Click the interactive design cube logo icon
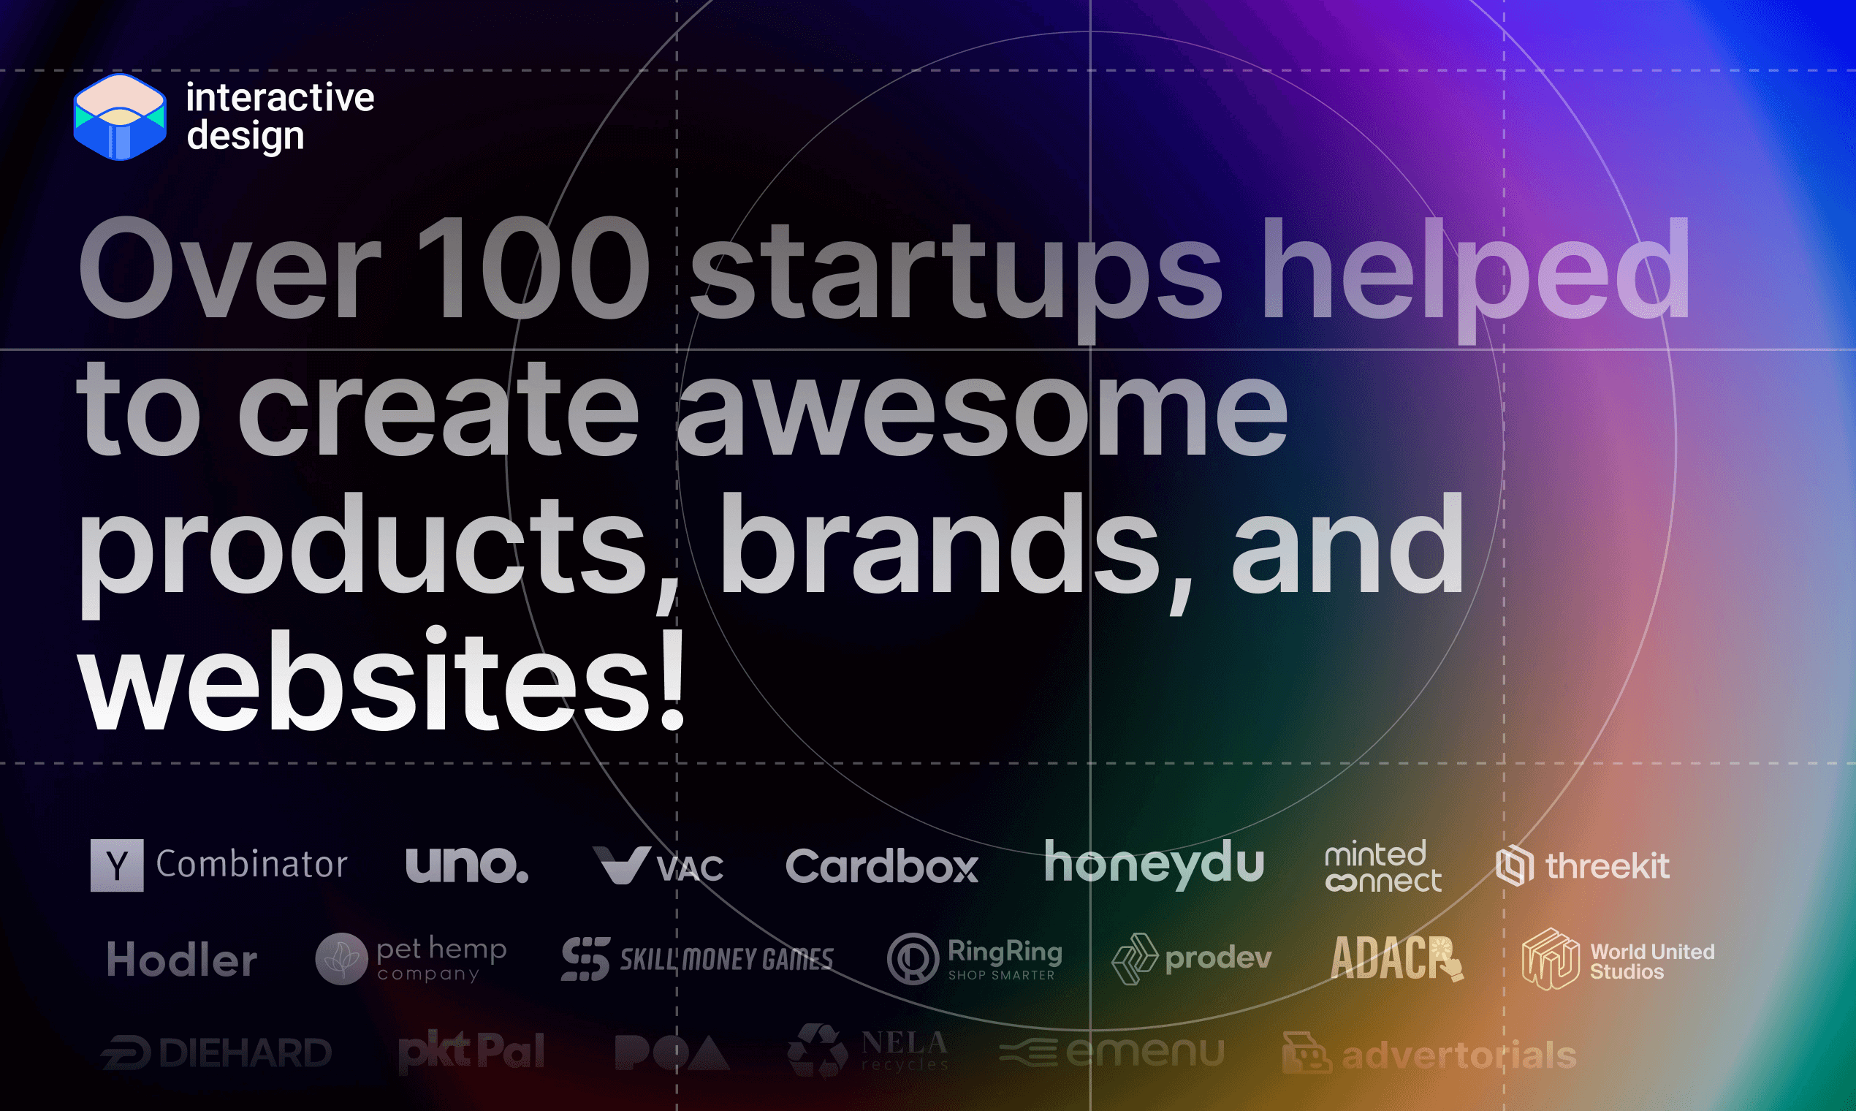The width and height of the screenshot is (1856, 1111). tap(120, 117)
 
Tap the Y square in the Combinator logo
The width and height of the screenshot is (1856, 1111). tap(117, 865)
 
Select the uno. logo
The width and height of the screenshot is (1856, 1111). tap(467, 865)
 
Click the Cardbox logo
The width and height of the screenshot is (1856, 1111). tap(881, 867)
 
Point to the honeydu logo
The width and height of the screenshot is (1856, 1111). tap(1154, 864)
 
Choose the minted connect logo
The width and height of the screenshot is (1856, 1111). tap(1383, 867)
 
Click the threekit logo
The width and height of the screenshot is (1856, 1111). tap(1582, 866)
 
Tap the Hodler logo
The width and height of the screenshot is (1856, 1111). tap(182, 960)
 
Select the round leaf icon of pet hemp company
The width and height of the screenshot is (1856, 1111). tap(341, 959)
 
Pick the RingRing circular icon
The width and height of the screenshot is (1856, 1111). tap(912, 959)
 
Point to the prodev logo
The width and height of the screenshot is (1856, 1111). tap(1192, 959)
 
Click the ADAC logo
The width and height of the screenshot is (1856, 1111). tap(1396, 958)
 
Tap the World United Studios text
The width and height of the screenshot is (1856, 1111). tap(1651, 961)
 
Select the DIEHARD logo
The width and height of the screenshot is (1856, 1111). tap(217, 1053)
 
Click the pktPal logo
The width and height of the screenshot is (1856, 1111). tap(471, 1052)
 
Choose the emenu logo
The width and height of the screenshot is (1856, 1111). tap(1112, 1053)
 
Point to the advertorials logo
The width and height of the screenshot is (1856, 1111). tap(1429, 1055)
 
